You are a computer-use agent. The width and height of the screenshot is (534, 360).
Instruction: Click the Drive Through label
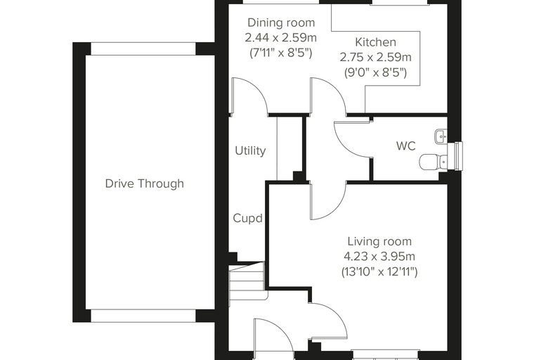pyautogui.click(x=145, y=184)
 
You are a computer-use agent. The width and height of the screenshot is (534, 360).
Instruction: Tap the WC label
pyautogui.click(x=406, y=146)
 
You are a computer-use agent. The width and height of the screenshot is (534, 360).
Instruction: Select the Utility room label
pyautogui.click(x=250, y=150)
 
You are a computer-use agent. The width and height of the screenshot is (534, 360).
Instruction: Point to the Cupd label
pyautogui.click(x=247, y=218)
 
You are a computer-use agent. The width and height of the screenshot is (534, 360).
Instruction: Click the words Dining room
pyautogui.click(x=281, y=22)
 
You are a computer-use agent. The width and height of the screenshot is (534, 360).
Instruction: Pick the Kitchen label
pyautogui.click(x=376, y=42)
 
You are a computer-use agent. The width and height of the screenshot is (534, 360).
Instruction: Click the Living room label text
pyautogui.click(x=379, y=241)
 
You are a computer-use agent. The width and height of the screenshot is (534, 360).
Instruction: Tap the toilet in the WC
pyautogui.click(x=434, y=162)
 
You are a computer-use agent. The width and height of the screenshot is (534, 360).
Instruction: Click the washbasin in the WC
pyautogui.click(x=441, y=137)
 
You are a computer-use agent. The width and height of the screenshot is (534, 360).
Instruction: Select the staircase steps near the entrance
pyautogui.click(x=247, y=281)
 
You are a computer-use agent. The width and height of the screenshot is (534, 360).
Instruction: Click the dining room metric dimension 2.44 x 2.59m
pyautogui.click(x=281, y=37)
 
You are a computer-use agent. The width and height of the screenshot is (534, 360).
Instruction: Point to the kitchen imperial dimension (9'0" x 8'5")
pyautogui.click(x=376, y=72)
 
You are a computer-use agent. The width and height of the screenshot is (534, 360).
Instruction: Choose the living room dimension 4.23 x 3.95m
pyautogui.click(x=379, y=256)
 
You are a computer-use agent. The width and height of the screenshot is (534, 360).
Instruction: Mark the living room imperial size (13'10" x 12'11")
pyautogui.click(x=379, y=271)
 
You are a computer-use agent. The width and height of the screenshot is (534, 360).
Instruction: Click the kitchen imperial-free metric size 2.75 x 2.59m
pyautogui.click(x=376, y=57)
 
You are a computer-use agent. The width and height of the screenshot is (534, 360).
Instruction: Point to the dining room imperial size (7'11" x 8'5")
pyautogui.click(x=281, y=53)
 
